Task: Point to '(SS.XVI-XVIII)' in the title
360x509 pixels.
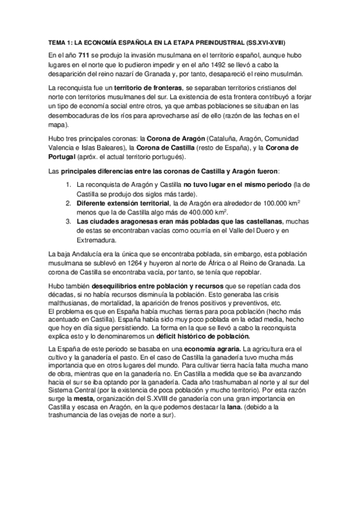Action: pyautogui.click(x=266, y=43)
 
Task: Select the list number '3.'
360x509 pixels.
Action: pyautogui.click(x=68, y=223)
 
